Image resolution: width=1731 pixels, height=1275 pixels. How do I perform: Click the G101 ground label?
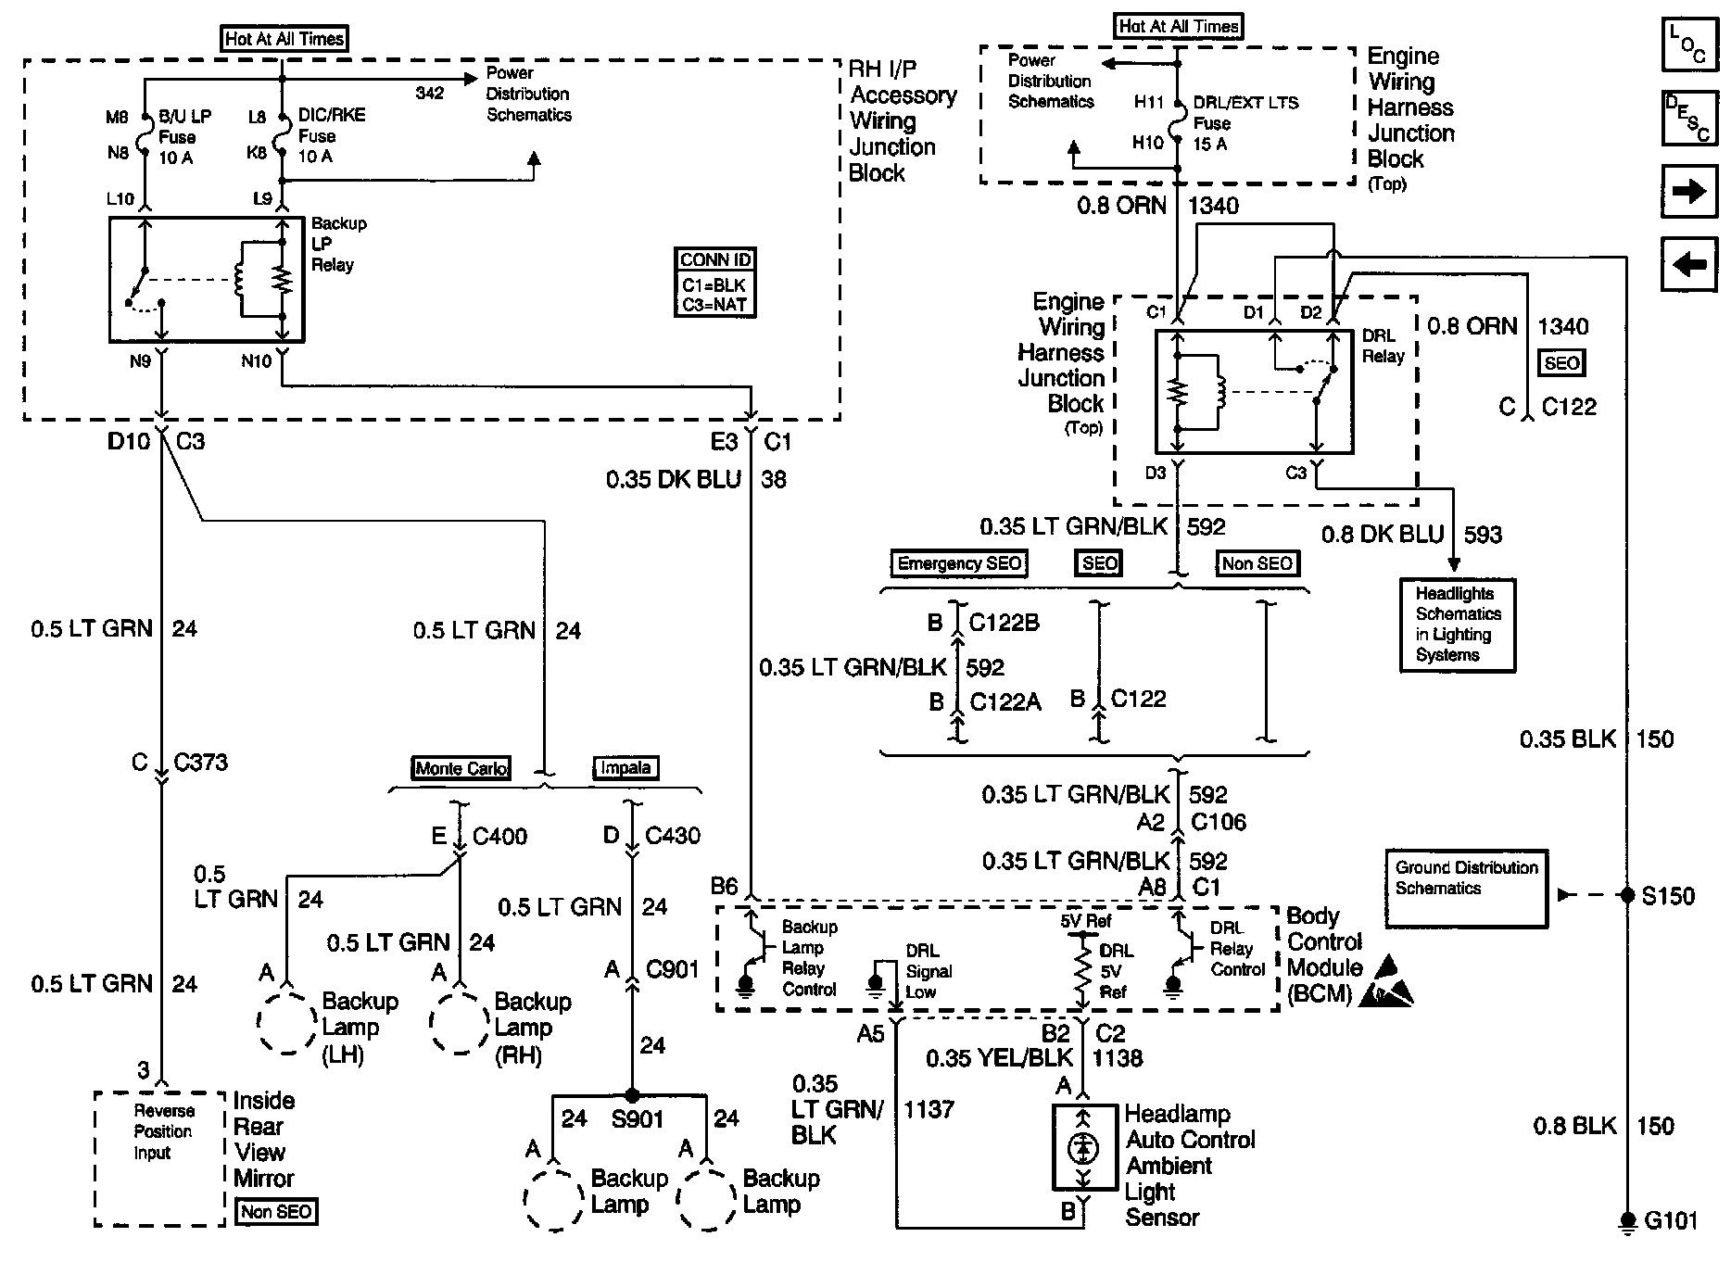[x=1671, y=1220]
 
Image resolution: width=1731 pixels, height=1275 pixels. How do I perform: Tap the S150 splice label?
[x=1667, y=896]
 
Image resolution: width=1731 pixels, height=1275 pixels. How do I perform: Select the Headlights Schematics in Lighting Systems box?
[x=1457, y=625]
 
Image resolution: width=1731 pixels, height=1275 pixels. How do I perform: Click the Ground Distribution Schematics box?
[x=1466, y=888]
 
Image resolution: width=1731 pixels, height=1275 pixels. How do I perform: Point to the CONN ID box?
[x=715, y=283]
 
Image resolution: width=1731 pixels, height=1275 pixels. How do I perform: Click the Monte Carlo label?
[x=461, y=768]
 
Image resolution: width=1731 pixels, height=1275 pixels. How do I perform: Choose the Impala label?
[x=625, y=768]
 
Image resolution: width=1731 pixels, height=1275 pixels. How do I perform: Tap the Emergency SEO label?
[x=959, y=563]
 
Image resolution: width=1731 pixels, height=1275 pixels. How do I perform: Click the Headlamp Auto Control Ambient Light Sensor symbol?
[x=1082, y=1148]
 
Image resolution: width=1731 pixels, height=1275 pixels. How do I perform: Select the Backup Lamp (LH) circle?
[x=287, y=1023]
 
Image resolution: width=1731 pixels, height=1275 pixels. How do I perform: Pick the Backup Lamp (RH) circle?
[x=460, y=1023]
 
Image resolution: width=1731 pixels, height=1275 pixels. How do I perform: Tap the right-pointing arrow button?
[x=1689, y=192]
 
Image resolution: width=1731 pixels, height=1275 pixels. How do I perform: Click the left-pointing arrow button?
[x=1689, y=264]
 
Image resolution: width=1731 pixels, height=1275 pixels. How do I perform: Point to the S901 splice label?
[x=638, y=1118]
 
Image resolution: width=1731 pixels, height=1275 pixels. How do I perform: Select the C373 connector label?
[x=200, y=763]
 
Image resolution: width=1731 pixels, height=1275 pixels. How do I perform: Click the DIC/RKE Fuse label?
[x=331, y=135]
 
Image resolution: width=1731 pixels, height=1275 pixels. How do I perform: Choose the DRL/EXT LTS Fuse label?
[x=1245, y=123]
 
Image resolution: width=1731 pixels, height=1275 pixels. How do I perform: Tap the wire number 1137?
[x=929, y=1109]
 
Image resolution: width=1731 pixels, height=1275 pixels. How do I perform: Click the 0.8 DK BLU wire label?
[x=1382, y=535]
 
